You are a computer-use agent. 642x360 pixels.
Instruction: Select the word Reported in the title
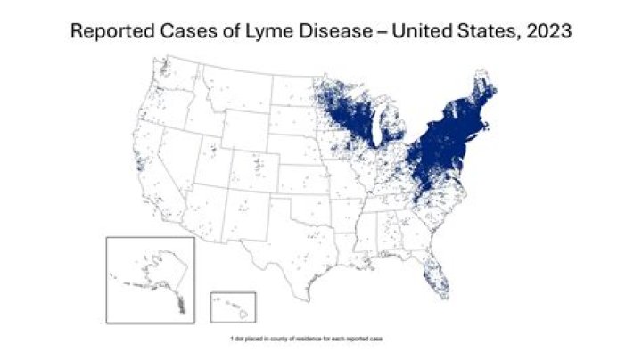pos(111,32)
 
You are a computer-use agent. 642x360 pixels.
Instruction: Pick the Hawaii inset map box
pos(233,307)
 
